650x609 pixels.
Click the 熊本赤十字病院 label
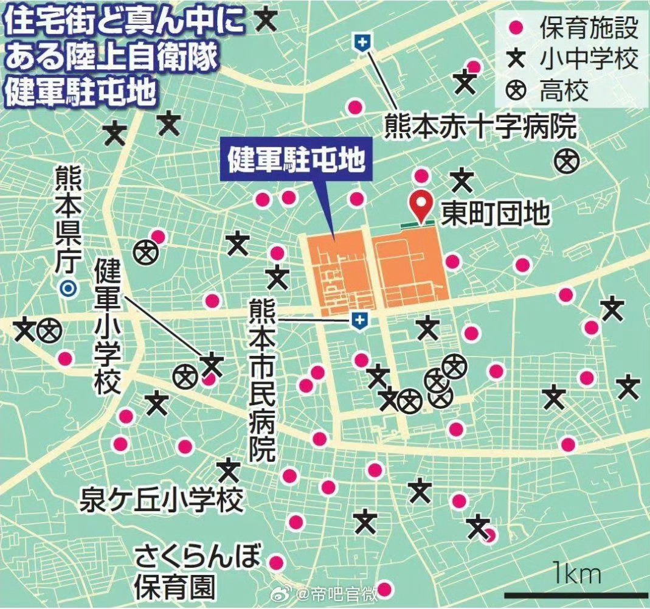click(x=480, y=127)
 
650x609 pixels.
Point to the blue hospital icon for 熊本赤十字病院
click(x=363, y=43)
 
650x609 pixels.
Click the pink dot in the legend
click(x=516, y=28)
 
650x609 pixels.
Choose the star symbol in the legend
click(x=516, y=60)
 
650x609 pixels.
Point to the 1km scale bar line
click(x=575, y=594)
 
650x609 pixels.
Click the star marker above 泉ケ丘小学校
click(x=229, y=470)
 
